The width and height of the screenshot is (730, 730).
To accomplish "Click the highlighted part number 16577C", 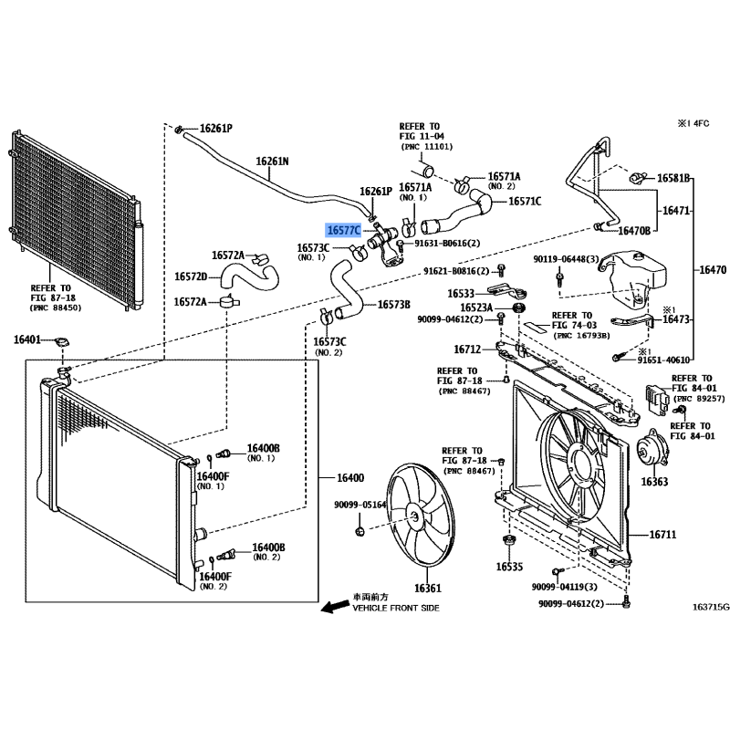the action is (x=344, y=230).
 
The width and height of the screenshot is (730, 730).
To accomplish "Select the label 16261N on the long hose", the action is (x=272, y=162).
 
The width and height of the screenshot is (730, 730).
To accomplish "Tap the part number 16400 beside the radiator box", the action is (x=350, y=477).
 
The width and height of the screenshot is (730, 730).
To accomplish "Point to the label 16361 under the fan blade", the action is (x=428, y=588).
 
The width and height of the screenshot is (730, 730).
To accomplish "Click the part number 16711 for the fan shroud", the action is (x=662, y=535).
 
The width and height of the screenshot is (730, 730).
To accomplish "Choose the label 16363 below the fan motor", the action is (x=654, y=482).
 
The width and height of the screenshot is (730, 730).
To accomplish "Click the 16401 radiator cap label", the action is (x=27, y=339).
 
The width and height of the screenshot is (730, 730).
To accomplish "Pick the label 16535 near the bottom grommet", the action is (x=509, y=567).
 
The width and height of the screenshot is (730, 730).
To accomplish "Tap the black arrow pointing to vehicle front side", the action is (x=335, y=606).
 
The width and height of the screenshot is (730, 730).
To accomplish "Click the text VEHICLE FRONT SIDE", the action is (x=396, y=608).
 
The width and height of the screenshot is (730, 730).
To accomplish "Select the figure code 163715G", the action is (x=711, y=607).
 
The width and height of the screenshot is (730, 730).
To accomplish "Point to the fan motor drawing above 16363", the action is (x=652, y=453).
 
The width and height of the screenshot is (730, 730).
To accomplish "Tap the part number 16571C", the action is (x=525, y=201).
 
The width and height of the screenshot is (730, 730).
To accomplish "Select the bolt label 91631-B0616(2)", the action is (x=447, y=243).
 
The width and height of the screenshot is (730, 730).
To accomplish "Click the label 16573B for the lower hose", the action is (x=394, y=305).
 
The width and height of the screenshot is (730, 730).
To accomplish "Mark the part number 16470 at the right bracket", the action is (x=713, y=269).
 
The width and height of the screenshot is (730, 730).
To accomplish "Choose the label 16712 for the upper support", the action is (x=467, y=349).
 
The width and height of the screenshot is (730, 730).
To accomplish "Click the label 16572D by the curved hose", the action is (x=191, y=276).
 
